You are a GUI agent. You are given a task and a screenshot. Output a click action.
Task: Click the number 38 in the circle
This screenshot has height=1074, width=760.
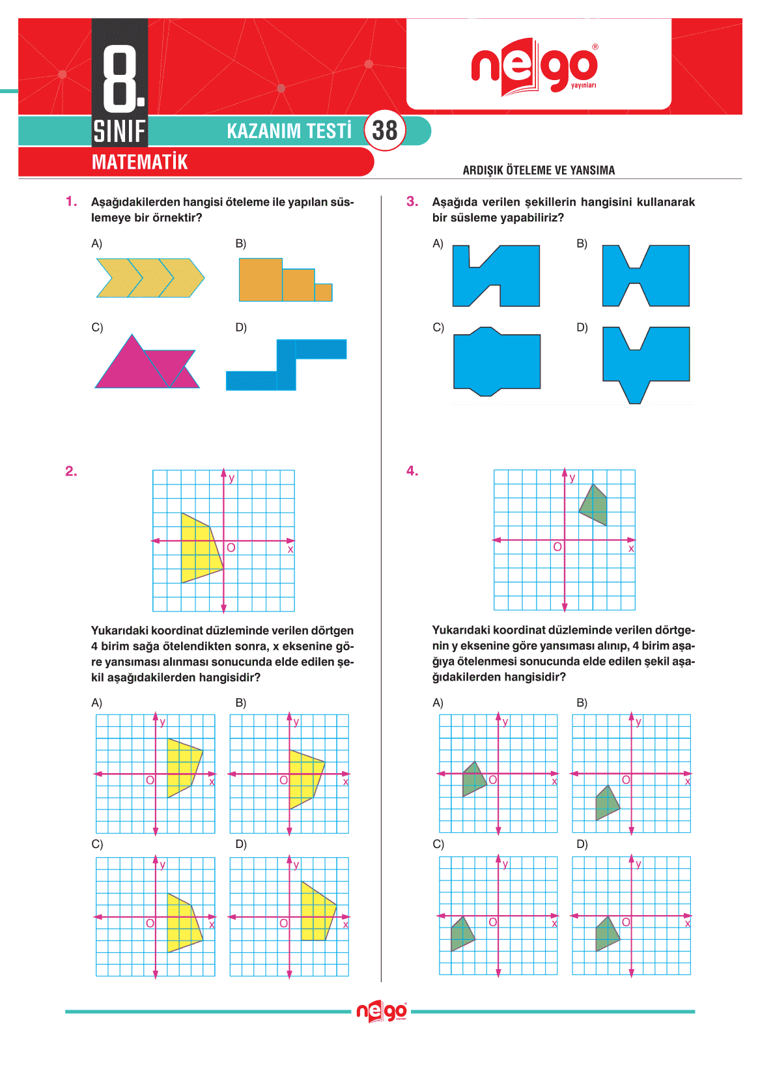pos(385,130)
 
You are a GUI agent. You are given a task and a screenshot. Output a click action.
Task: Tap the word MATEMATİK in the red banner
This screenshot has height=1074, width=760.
pos(139,162)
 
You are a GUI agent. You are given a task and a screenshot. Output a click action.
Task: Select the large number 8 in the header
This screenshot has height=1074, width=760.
pos(121,78)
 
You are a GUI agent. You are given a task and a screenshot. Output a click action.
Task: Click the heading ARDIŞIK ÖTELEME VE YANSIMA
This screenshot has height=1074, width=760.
pos(539,171)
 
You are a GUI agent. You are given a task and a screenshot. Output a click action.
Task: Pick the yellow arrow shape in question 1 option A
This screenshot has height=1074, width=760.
pos(150,278)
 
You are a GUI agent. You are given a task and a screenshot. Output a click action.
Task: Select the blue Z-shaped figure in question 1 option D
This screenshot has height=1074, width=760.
pos(287,365)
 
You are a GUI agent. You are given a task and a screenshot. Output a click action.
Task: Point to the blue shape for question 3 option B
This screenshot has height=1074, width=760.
pos(645,276)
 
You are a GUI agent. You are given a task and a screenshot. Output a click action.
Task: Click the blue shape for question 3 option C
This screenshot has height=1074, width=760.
pos(496,361)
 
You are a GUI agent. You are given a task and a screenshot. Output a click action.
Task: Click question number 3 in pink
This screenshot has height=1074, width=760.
pos(412,202)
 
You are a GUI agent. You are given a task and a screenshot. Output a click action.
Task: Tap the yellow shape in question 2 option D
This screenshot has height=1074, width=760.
pos(317,912)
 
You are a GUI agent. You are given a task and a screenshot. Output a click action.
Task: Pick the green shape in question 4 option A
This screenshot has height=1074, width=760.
pos(473,778)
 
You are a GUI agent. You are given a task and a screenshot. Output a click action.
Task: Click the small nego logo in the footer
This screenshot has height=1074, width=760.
pos(382,1011)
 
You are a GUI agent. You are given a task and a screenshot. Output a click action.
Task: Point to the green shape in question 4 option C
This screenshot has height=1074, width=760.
pos(462,934)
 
